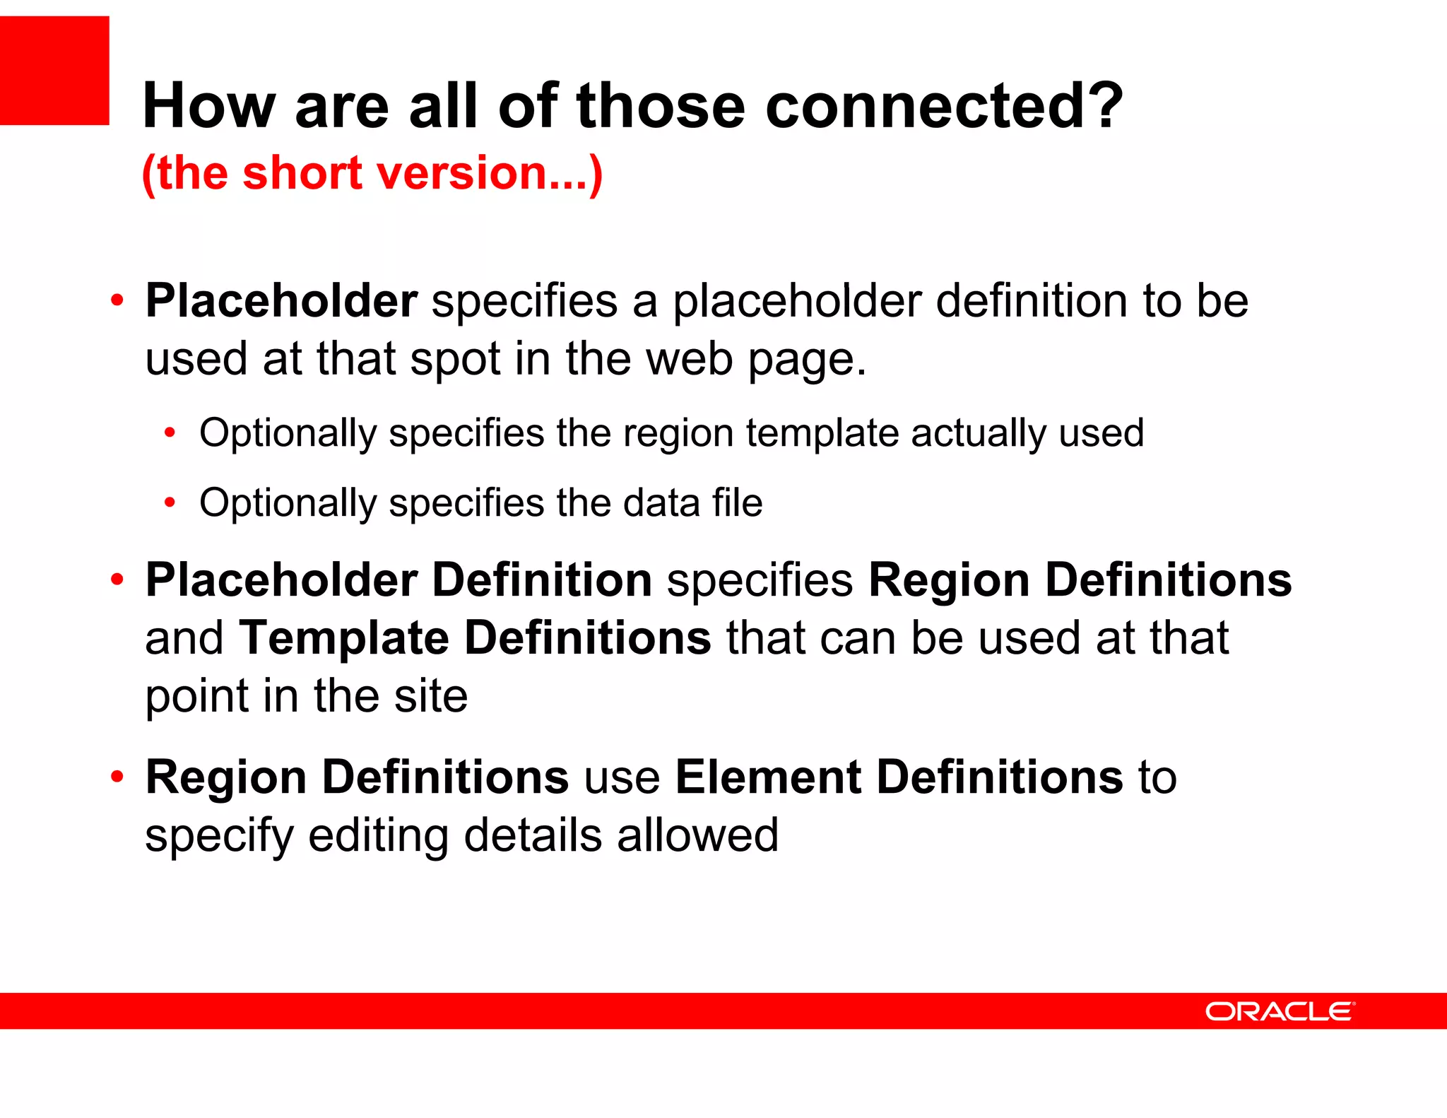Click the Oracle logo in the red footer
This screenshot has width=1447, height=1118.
point(1280,1011)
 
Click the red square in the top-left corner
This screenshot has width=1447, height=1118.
point(54,71)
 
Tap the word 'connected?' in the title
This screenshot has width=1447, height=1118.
point(944,106)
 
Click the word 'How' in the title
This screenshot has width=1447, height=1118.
point(209,106)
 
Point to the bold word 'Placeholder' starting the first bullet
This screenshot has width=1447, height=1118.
point(281,301)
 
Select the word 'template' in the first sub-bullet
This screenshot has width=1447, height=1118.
point(822,433)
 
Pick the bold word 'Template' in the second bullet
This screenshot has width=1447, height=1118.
point(344,638)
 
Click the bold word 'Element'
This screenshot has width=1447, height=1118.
point(768,777)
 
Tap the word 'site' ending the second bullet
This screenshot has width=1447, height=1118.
point(431,696)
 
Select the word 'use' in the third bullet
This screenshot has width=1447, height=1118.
point(622,777)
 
